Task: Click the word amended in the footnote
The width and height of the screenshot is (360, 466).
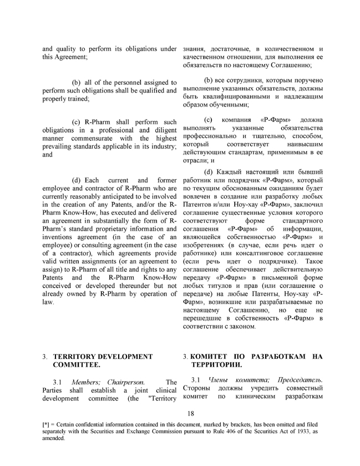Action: pyautogui.click(x=54, y=438)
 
